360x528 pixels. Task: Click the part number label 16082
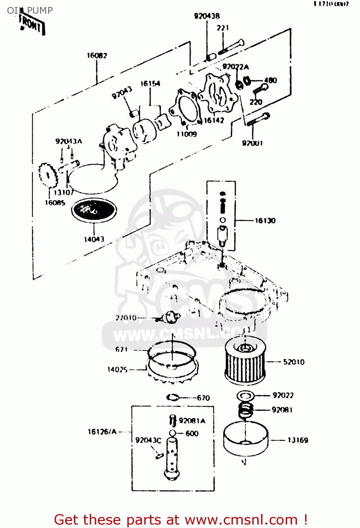[x=97, y=56]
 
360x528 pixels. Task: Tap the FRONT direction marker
[x=32, y=25]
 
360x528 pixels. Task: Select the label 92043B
[x=207, y=16]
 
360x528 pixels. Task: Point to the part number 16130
[x=265, y=221]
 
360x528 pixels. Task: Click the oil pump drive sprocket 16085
[x=48, y=175]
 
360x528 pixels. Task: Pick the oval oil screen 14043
[x=94, y=210]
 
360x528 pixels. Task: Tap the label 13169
[x=298, y=440]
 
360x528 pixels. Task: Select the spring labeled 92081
[x=246, y=410]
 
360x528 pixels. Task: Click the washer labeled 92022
[x=246, y=396]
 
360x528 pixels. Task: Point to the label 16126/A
[x=102, y=432]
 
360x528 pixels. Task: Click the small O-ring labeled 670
[x=173, y=397]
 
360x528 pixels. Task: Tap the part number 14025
[x=117, y=369]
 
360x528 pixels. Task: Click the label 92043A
[x=69, y=141]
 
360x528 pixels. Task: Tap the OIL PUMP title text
[x=30, y=11]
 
